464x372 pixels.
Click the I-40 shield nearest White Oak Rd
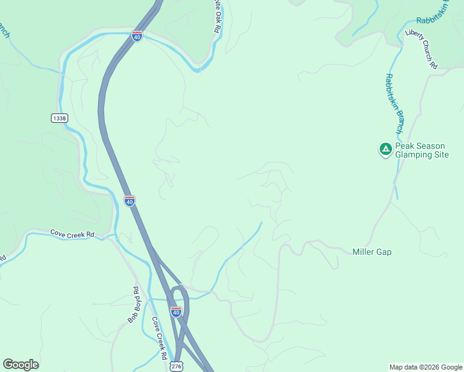tap(137, 37)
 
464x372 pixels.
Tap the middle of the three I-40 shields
tap(129, 201)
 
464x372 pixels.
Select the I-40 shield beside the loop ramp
tap(176, 312)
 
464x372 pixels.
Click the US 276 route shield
tap(176, 366)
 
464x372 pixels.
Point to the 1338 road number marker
tap(60, 118)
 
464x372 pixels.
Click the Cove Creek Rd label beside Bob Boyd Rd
tap(159, 339)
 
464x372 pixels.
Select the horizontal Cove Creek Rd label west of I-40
tap(73, 234)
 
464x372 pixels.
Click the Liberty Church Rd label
tap(422, 49)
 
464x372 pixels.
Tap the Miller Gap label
tap(372, 252)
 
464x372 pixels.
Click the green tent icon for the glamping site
tap(385, 149)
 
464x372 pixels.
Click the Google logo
tap(20, 365)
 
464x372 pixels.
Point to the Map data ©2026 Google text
tap(425, 367)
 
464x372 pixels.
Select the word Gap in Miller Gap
tap(383, 252)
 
